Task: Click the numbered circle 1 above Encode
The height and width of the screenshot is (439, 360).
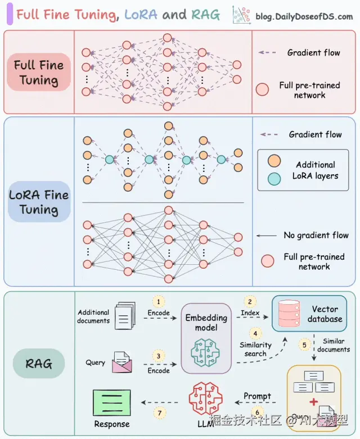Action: pos(159,302)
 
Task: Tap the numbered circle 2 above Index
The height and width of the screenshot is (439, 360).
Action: pos(251,302)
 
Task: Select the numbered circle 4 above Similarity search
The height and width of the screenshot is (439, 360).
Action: pos(255,333)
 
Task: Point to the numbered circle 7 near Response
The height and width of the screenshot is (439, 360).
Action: pos(159,413)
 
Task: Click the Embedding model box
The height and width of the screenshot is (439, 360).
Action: pos(206,337)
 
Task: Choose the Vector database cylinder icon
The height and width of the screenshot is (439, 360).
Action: pos(289,314)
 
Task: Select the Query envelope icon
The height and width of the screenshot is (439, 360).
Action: pos(122,363)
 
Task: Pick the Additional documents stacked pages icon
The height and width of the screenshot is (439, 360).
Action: pos(124,315)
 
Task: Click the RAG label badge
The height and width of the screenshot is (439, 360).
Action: pos(38,364)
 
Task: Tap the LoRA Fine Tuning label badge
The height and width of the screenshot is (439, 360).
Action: pos(39,202)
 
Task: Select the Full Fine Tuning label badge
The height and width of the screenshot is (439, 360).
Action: pos(39,73)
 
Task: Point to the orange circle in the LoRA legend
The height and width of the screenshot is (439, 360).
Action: pos(274,160)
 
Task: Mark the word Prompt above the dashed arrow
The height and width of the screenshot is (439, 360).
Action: pos(257,396)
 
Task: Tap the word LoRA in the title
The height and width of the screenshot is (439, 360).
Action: pos(140,15)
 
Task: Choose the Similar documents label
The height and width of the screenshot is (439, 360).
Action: pos(334,345)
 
